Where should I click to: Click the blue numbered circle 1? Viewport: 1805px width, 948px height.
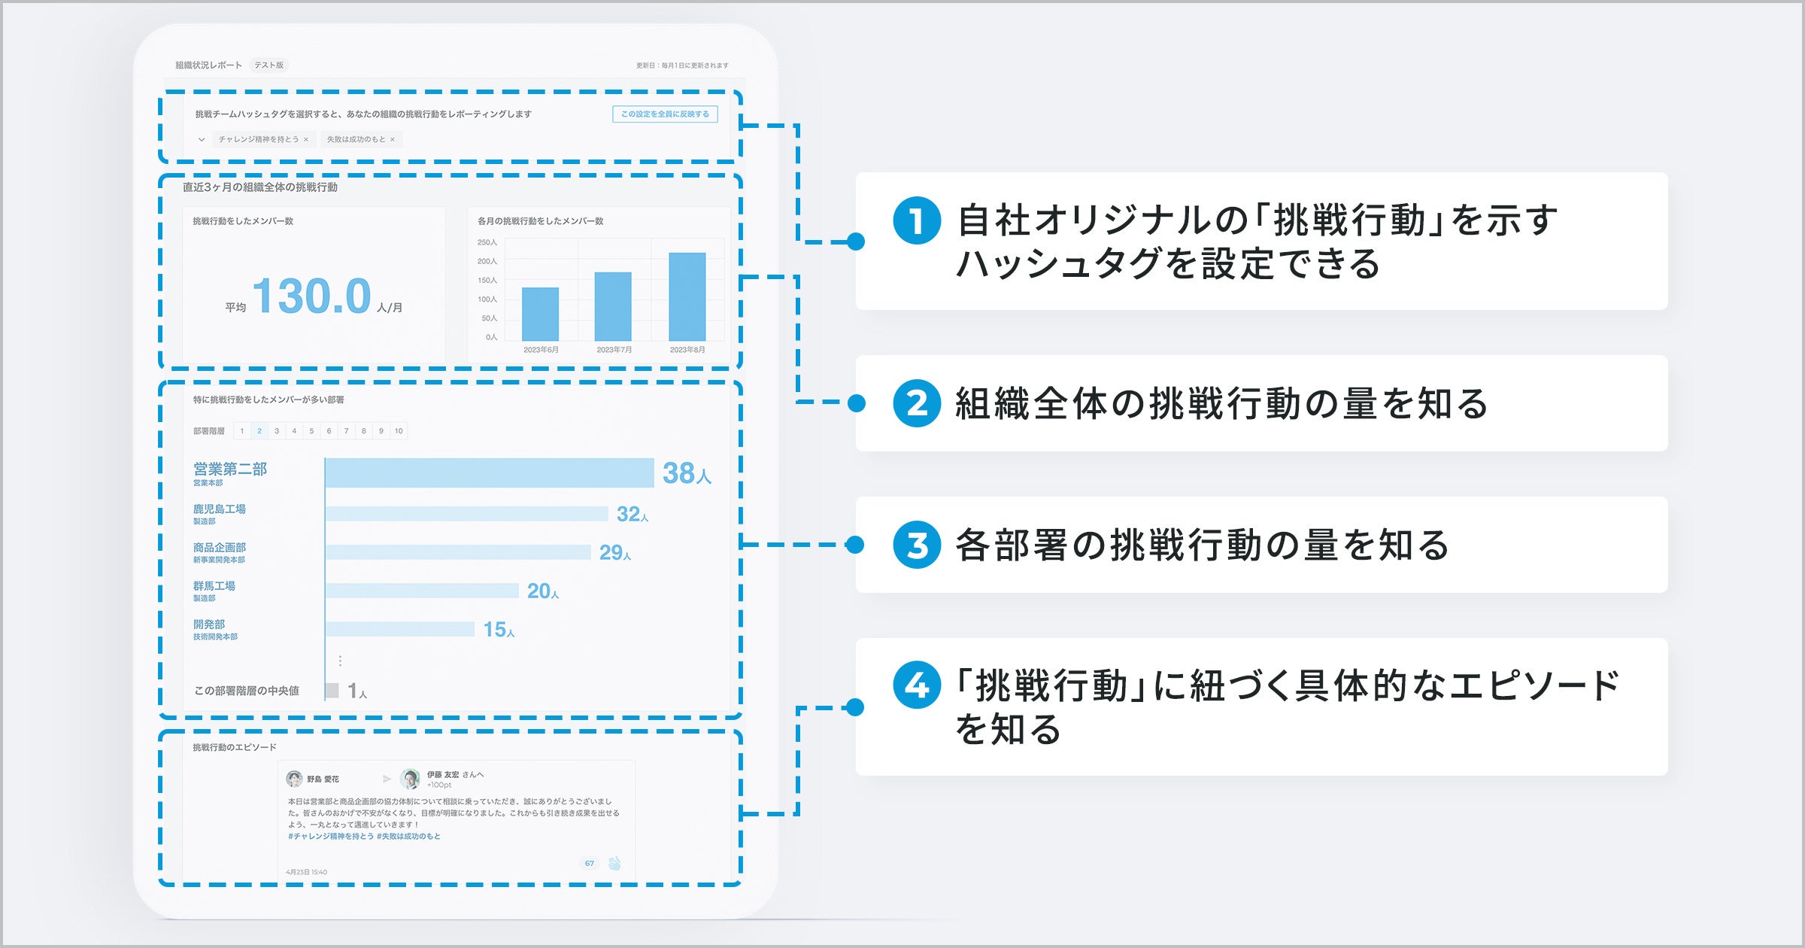click(x=916, y=220)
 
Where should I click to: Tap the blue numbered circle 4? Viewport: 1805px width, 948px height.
click(x=916, y=685)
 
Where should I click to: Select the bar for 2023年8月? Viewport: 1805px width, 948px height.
click(x=687, y=296)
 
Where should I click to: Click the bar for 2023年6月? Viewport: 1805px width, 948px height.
click(x=540, y=314)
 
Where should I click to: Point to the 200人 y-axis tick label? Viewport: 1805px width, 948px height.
click(x=487, y=261)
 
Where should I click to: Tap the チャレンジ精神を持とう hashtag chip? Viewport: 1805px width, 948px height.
click(x=259, y=139)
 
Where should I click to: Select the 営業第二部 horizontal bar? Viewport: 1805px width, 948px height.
click(x=489, y=472)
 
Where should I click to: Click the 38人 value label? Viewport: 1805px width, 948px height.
click(x=686, y=473)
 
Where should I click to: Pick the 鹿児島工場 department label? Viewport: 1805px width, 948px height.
click(x=219, y=509)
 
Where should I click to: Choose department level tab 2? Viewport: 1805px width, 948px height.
click(x=259, y=431)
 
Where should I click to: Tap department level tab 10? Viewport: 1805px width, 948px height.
click(x=399, y=431)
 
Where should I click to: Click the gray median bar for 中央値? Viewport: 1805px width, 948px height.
click(x=332, y=690)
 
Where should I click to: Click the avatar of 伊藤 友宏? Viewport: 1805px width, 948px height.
click(x=410, y=779)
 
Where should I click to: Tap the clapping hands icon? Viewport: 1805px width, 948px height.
click(x=614, y=863)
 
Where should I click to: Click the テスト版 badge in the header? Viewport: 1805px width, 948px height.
click(x=268, y=65)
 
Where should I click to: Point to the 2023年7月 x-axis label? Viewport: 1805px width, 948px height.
click(x=614, y=350)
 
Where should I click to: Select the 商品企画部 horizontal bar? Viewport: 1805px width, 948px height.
click(x=458, y=552)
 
